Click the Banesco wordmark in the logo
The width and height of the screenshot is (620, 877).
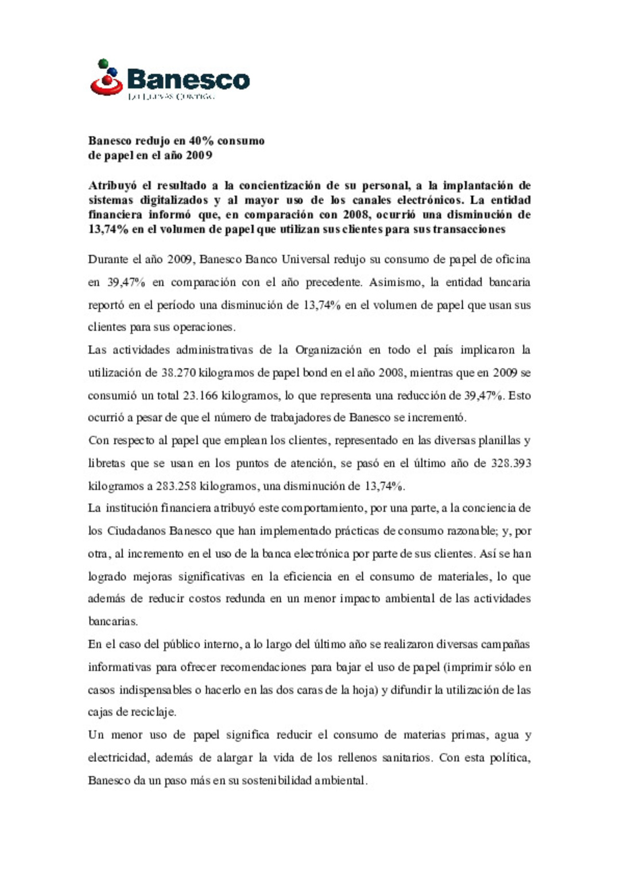click(188, 80)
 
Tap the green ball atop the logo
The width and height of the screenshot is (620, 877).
click(103, 63)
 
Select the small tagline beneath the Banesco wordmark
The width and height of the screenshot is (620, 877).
click(170, 96)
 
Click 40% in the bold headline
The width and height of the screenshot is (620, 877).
click(201, 141)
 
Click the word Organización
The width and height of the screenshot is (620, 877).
click(328, 350)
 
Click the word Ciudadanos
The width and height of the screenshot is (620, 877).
click(135, 531)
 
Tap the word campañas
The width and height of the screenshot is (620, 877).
click(505, 645)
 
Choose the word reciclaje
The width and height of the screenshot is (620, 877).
click(153, 712)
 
